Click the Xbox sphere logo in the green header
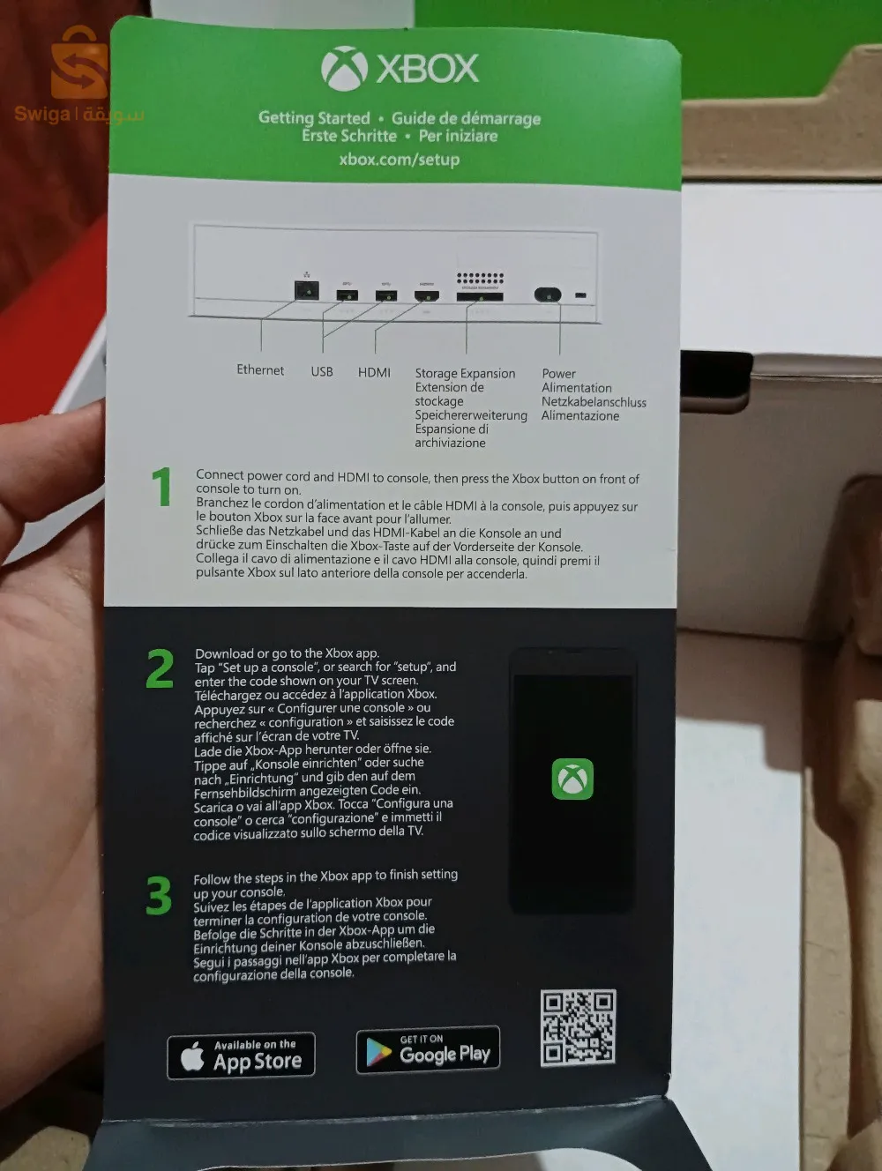(344, 69)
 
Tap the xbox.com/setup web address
(400, 160)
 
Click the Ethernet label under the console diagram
(260, 370)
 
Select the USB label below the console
(322, 371)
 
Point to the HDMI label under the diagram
(374, 372)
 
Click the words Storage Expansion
(465, 373)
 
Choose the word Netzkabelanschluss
(594, 402)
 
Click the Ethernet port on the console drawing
(306, 288)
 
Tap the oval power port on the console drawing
(548, 295)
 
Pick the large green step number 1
(161, 487)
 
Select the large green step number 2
(160, 669)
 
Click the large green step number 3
(159, 896)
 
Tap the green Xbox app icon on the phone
(572, 779)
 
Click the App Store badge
(241, 1055)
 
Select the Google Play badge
(428, 1050)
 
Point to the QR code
(578, 1027)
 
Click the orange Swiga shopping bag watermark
(78, 64)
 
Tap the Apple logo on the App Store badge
(192, 1056)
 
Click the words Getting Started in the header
(314, 118)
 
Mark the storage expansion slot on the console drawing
(479, 296)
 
